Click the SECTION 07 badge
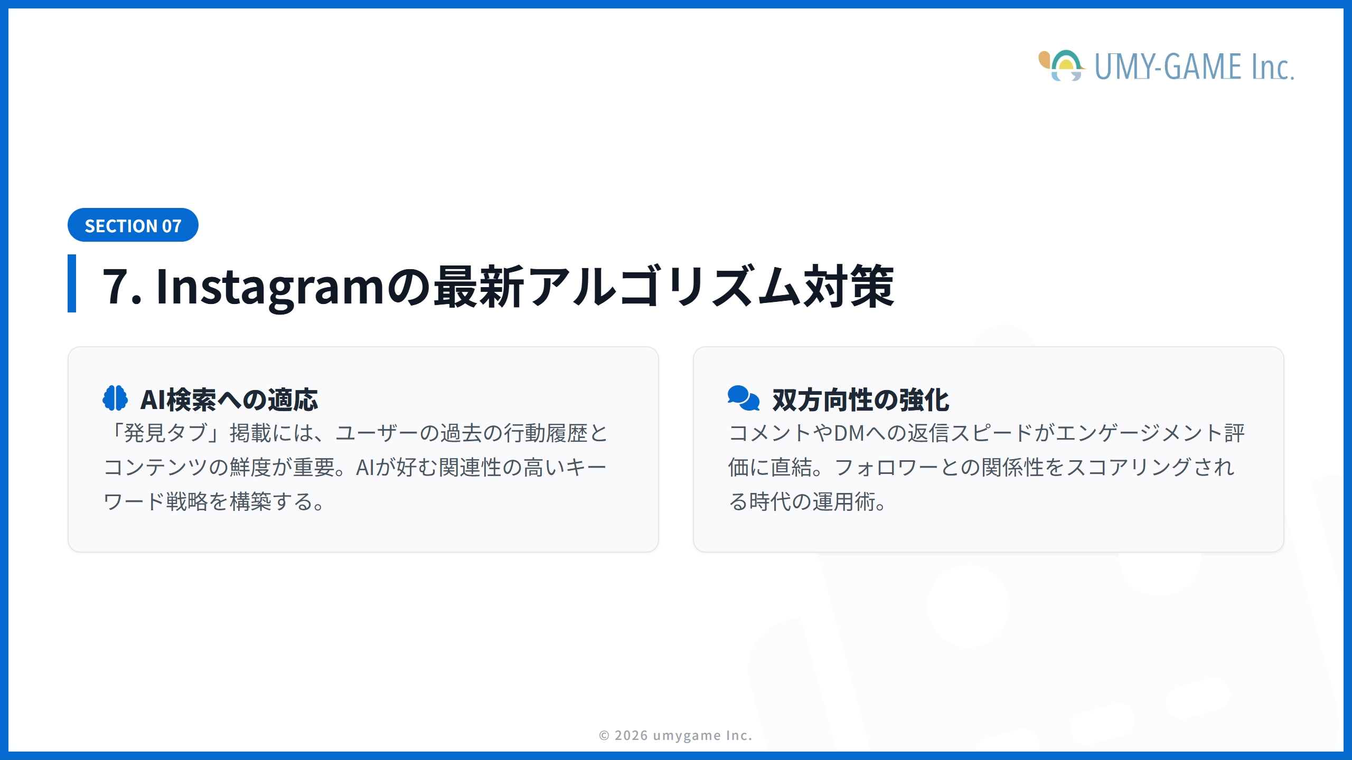[133, 225]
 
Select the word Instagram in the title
[270, 287]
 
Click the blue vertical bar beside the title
[72, 283]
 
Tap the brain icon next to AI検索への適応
[115, 398]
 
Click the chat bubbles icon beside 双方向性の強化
[743, 398]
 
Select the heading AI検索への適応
[229, 400]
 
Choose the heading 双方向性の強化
[860, 400]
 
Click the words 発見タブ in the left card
[165, 433]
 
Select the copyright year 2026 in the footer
[631, 735]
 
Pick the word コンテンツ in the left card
[155, 468]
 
